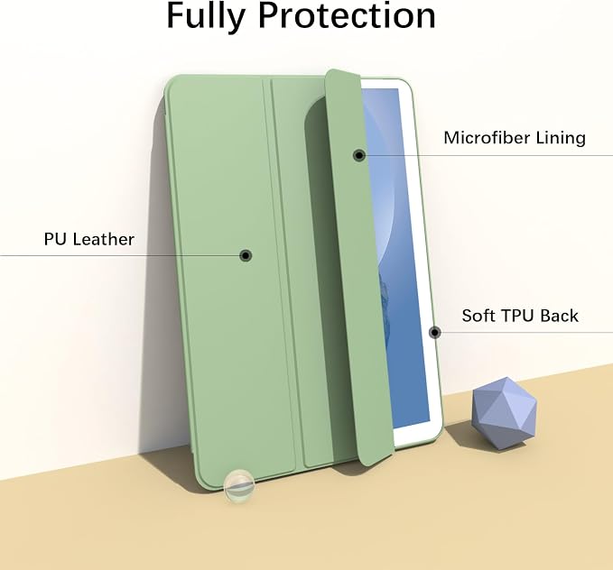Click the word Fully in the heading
pyautogui.click(x=206, y=17)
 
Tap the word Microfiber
pyautogui.click(x=486, y=137)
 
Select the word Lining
pyautogui.click(x=561, y=138)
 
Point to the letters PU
pyautogui.click(x=55, y=239)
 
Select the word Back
pyautogui.click(x=558, y=316)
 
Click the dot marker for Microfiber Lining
pyautogui.click(x=359, y=155)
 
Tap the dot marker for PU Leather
pyautogui.click(x=246, y=255)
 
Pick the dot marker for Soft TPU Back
pyautogui.click(x=435, y=333)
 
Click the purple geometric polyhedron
pyautogui.click(x=505, y=415)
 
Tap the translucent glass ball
pyautogui.click(x=239, y=485)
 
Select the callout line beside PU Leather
pyautogui.click(x=120, y=256)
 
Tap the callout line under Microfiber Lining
pyautogui.click(x=489, y=155)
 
